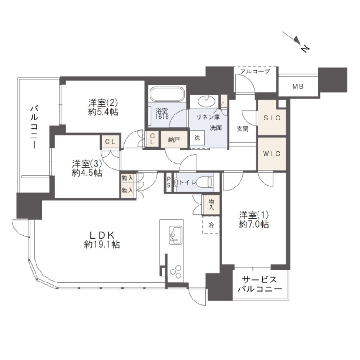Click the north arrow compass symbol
coord(297,42)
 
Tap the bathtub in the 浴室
coord(167,94)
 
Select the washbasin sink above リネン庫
coord(206,101)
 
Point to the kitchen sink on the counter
coord(176,235)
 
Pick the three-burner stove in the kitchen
coord(176,272)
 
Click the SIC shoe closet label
coord(272,118)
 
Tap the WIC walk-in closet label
coord(271,153)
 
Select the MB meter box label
coord(298,87)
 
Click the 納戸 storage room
coord(174,139)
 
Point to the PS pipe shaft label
coord(168,182)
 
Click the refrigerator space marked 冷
coord(210,225)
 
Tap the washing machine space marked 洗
coord(197,138)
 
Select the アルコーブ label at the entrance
coord(255,72)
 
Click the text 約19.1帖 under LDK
coord(102,245)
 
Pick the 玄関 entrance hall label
coord(242,129)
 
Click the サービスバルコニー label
coord(260,284)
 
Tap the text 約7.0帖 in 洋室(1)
coord(254,224)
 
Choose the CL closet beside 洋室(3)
coord(110,142)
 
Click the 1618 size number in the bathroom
coord(162,116)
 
